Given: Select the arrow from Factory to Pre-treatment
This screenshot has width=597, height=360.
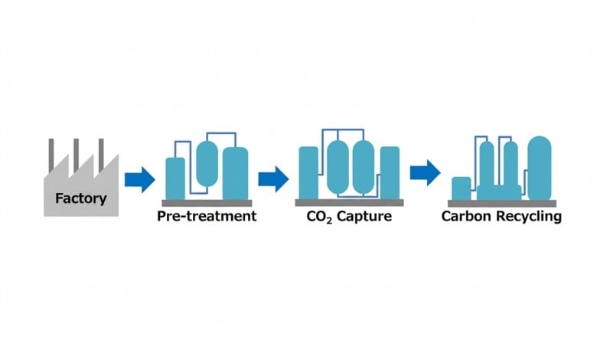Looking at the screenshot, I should [139, 181].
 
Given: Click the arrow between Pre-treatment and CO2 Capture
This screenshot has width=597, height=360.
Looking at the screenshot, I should [272, 180].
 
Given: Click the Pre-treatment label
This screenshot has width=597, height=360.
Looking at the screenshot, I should [207, 216].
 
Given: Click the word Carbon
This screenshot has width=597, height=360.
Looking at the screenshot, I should [465, 216].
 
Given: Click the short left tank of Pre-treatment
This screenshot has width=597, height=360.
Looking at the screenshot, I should [175, 178].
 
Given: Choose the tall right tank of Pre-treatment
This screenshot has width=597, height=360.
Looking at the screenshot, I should [235, 172].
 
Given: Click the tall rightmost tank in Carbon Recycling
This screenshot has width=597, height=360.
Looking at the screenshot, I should [540, 167].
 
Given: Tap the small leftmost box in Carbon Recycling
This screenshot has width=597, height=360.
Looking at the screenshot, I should [461, 188].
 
